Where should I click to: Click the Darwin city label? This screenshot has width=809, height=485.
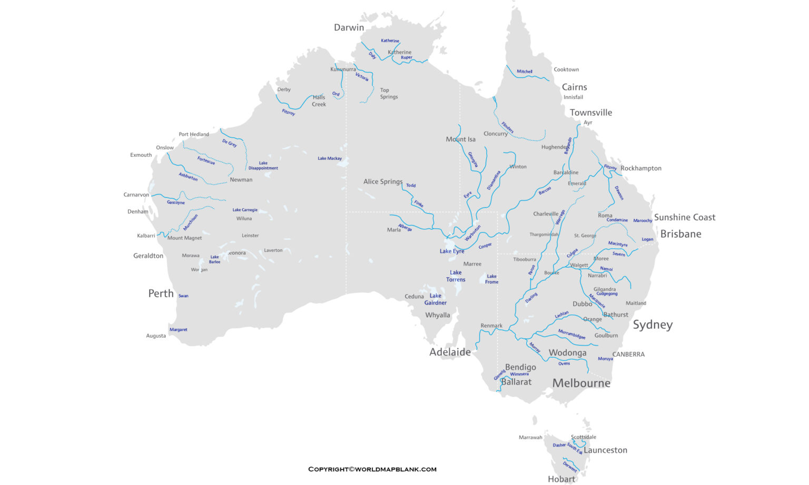point(349,27)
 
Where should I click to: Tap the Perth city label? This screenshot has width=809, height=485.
point(161,294)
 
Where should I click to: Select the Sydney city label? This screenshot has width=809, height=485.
point(653,325)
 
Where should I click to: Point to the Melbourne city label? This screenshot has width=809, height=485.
point(581,383)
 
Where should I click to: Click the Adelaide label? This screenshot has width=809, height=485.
point(450,352)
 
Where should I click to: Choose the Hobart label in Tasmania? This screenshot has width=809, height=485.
point(561,479)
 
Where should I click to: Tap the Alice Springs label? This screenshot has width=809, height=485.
point(383,181)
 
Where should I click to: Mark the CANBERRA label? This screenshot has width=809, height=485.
point(628,354)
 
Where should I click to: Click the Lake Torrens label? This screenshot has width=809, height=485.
point(456,276)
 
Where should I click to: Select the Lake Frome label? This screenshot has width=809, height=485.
point(491,279)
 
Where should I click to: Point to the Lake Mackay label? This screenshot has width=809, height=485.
point(330,158)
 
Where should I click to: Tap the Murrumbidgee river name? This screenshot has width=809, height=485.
point(571,334)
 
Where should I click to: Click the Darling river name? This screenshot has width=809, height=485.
point(531,298)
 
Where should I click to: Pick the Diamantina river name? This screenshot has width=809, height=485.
point(494,180)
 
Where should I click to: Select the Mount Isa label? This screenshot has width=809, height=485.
point(460,139)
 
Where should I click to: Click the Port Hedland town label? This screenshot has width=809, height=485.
point(194,134)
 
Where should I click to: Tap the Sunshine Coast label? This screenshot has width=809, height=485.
point(685,217)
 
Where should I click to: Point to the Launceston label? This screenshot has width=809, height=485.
point(605,450)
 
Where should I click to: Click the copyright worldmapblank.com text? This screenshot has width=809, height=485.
point(372,469)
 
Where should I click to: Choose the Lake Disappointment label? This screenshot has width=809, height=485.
point(263,166)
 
